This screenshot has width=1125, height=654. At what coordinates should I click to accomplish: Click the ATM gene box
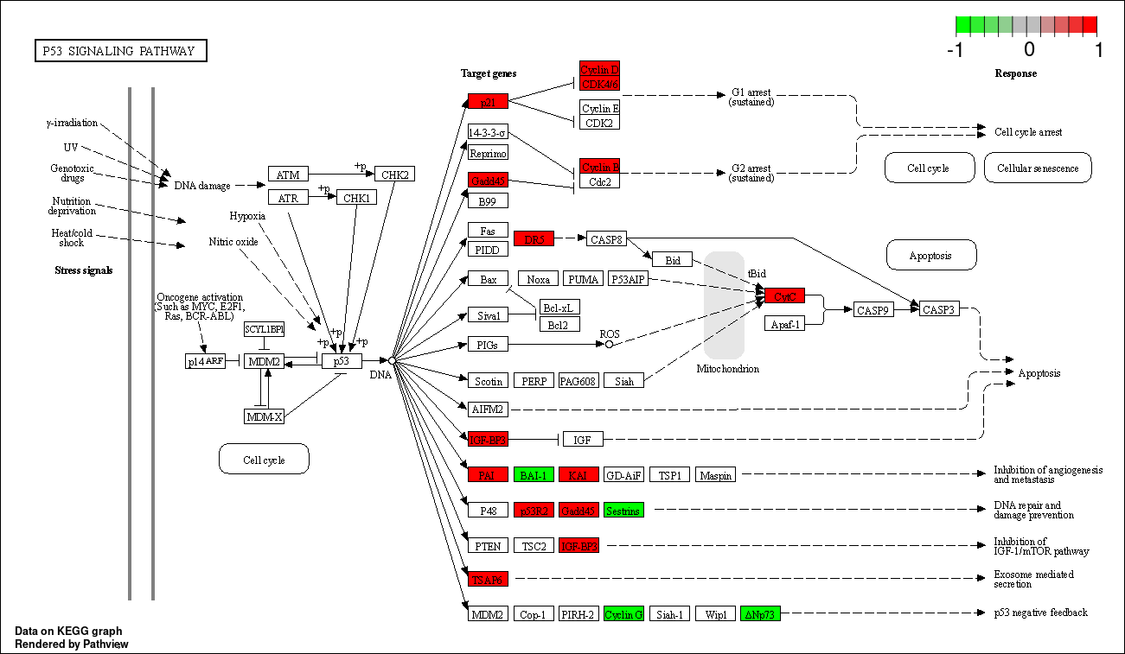288,175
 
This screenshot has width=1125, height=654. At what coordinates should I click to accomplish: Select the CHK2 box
394,175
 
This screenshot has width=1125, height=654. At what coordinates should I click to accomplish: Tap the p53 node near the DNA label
342,361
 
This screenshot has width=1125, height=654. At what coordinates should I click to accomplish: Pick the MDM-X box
264,416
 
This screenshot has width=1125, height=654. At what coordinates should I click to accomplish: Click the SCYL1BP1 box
264,329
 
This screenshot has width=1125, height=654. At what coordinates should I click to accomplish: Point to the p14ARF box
206,361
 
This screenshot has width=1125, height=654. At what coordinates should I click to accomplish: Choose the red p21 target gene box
488,101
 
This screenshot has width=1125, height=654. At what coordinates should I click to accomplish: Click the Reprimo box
488,153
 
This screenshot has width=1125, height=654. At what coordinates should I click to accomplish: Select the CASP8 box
605,238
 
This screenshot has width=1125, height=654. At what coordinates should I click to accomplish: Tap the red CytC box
784,295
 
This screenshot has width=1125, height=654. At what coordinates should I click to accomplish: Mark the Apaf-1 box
784,323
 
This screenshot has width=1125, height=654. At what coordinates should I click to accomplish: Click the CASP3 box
938,309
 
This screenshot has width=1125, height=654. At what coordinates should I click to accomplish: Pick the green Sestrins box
623,510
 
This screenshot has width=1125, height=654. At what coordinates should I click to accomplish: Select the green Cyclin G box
623,614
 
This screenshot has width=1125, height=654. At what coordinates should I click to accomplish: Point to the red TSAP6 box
488,579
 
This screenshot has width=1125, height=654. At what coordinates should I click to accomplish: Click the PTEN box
488,545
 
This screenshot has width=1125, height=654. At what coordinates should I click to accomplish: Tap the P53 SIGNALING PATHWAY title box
120,51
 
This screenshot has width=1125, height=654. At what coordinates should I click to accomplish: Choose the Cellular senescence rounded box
1038,168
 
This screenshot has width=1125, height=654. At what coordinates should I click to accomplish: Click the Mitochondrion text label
727,369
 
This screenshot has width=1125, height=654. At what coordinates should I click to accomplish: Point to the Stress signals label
84,270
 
